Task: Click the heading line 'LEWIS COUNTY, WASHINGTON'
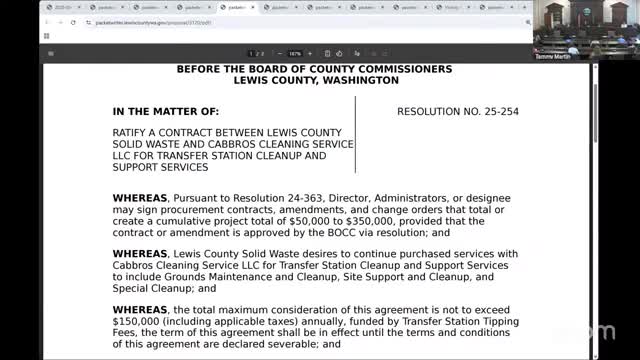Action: point(314,82)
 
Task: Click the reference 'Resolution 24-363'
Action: point(270,197)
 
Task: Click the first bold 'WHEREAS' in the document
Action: point(140,197)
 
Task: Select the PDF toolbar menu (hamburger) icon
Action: point(51,53)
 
